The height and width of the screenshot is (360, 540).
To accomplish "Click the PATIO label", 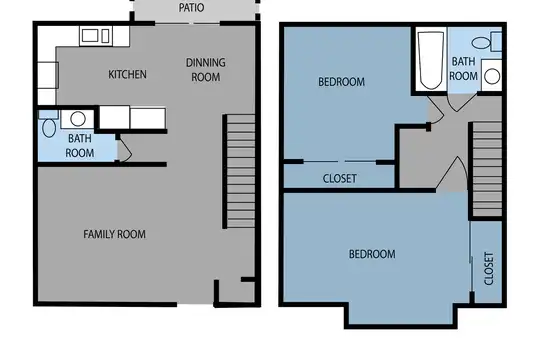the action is click(x=191, y=8).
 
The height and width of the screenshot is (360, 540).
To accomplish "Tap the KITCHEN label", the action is click(x=127, y=74).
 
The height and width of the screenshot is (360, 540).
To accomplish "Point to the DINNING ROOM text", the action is click(x=206, y=70).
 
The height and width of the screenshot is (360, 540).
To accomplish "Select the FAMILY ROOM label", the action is click(x=114, y=234).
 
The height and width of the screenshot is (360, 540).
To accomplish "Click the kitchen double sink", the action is click(x=96, y=36).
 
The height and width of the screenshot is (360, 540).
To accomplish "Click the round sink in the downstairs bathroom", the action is click(x=77, y=119).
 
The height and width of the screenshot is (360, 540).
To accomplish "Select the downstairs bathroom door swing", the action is click(x=124, y=150).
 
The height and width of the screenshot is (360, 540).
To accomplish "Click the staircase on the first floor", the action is click(x=240, y=171).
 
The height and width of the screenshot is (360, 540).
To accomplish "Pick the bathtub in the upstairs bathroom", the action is click(x=430, y=60).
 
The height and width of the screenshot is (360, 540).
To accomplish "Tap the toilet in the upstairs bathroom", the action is click(x=487, y=42).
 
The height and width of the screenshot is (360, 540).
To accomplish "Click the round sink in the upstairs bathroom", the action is click(x=492, y=76).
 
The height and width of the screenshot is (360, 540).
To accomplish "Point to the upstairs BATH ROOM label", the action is click(x=464, y=69).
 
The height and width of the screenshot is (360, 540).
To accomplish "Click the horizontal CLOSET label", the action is click(x=340, y=178).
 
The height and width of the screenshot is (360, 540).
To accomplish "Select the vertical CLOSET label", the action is click(x=489, y=269).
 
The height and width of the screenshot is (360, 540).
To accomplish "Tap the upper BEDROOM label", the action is click(x=341, y=82).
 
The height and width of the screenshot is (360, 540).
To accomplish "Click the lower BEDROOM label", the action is click(x=372, y=254).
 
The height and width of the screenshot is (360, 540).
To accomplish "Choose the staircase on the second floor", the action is click(x=487, y=169).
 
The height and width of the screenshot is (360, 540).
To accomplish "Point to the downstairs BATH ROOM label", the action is click(x=80, y=146).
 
